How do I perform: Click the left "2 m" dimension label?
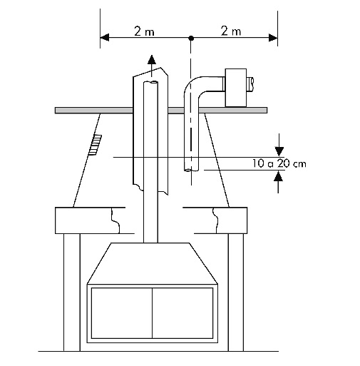(x=144, y=31)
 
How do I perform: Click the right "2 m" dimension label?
(x=231, y=31)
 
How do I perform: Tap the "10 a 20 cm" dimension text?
(x=279, y=163)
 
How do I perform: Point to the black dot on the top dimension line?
(x=191, y=38)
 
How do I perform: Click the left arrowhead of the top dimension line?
(x=105, y=38)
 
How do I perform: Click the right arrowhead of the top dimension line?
(x=273, y=38)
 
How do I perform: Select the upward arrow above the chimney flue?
(x=152, y=66)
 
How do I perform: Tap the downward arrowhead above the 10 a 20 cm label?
(x=279, y=151)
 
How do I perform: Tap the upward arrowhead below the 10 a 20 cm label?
(x=279, y=176)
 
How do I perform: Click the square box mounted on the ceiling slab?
(x=236, y=88)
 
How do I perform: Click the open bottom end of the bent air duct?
(x=191, y=170)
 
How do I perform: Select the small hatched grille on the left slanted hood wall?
(x=95, y=145)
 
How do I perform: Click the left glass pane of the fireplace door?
(x=122, y=313)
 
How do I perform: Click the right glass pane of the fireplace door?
(x=182, y=313)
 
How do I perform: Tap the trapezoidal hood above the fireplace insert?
(x=152, y=263)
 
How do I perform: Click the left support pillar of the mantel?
(x=72, y=292)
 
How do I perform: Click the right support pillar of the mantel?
(x=236, y=292)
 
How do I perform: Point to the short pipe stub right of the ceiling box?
(x=250, y=84)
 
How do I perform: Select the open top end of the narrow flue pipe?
(x=150, y=82)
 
